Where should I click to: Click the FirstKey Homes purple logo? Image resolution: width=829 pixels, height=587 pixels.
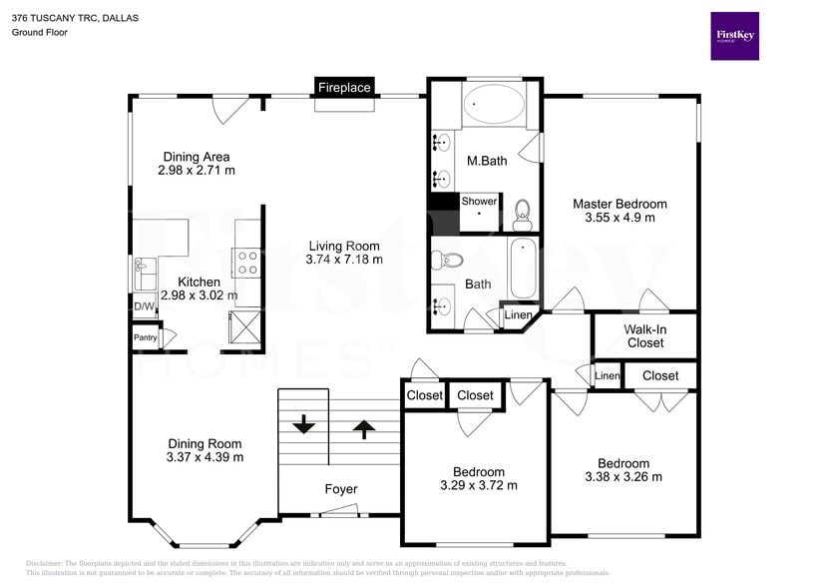coord(734,36)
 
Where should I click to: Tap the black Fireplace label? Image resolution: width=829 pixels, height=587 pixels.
coord(344,88)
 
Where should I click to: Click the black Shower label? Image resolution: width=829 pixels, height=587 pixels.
coord(479,201)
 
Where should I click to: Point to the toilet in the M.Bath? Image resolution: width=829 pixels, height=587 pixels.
coord(522,213)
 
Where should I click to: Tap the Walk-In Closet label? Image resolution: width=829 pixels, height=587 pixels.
coord(645,336)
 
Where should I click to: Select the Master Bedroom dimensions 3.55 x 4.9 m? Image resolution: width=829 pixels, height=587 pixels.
coord(620,218)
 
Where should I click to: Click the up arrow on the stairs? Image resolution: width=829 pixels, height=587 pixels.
coord(364,429)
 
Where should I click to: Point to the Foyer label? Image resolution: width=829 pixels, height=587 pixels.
coord(341,489)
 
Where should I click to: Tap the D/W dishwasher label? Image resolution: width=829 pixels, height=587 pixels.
coord(145,306)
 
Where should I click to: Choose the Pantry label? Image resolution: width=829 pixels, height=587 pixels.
coord(146,337)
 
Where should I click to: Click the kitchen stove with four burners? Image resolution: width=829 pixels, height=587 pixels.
coord(246,263)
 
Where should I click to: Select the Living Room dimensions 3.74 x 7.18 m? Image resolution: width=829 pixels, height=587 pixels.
coord(344,260)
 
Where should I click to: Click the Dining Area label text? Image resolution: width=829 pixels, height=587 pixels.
coord(197,157)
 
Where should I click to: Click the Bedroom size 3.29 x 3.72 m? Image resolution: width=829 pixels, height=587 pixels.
coord(479,486)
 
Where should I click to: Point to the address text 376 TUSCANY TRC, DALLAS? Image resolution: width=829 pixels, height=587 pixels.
coord(76,18)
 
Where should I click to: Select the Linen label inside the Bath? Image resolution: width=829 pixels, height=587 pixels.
coord(518,315)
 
